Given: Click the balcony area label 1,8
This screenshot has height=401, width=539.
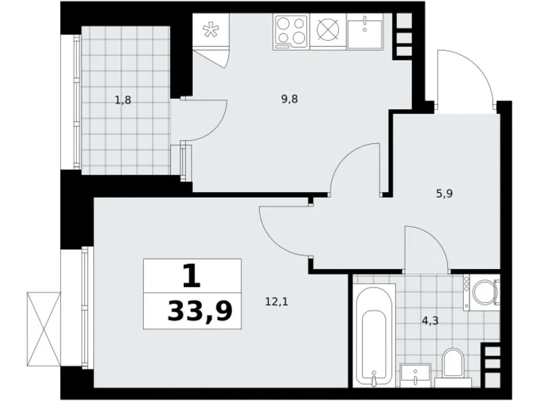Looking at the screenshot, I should point(123,100).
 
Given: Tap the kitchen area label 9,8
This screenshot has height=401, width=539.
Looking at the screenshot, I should point(290,98).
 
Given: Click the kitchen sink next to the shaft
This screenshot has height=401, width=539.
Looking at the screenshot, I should point(364,32).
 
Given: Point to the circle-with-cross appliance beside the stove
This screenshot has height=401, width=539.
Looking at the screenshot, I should point(328,32).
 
